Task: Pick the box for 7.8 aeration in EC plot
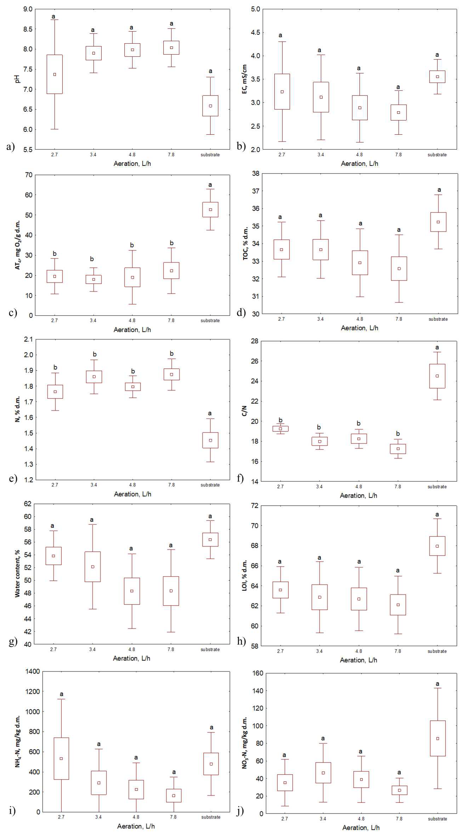399,113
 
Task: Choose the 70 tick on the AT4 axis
29,175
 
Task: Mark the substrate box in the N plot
210,440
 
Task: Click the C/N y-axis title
244,411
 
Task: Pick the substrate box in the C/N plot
437,376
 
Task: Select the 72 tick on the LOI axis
255,506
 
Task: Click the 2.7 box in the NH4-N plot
61,758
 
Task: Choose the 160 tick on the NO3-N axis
258,673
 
